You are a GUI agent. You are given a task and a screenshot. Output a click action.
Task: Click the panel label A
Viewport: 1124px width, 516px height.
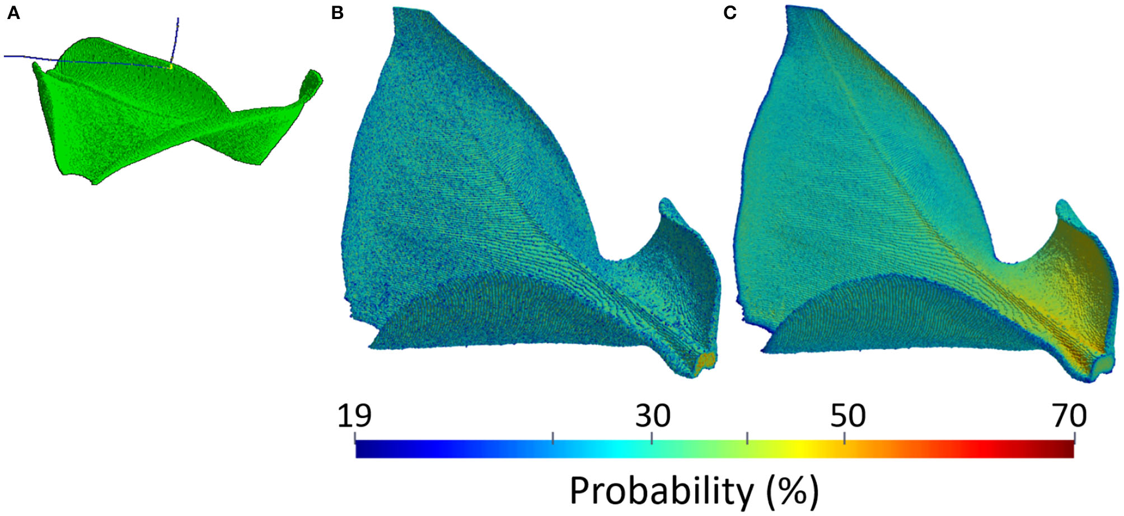[13, 13]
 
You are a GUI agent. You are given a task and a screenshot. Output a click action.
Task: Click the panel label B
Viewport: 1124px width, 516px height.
[337, 13]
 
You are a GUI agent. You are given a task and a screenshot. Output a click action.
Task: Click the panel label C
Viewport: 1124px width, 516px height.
[729, 13]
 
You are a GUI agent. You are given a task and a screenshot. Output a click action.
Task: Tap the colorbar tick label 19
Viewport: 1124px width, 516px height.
[354, 416]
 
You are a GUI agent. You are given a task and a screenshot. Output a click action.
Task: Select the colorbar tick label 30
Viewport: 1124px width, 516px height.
[652, 416]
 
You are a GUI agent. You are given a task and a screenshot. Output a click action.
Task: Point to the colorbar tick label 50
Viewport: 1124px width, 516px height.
[847, 416]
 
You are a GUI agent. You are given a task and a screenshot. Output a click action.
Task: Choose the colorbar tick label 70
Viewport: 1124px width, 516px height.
[1069, 416]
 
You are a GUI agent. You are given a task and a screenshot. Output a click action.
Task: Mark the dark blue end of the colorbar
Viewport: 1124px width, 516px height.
[364, 449]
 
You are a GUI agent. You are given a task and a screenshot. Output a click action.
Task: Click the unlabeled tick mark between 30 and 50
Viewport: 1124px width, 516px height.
[747, 437]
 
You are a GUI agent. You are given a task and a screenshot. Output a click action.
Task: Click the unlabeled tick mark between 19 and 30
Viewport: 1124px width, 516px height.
[553, 437]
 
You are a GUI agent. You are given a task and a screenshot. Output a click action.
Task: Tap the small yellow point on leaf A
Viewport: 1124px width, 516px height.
[170, 66]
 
